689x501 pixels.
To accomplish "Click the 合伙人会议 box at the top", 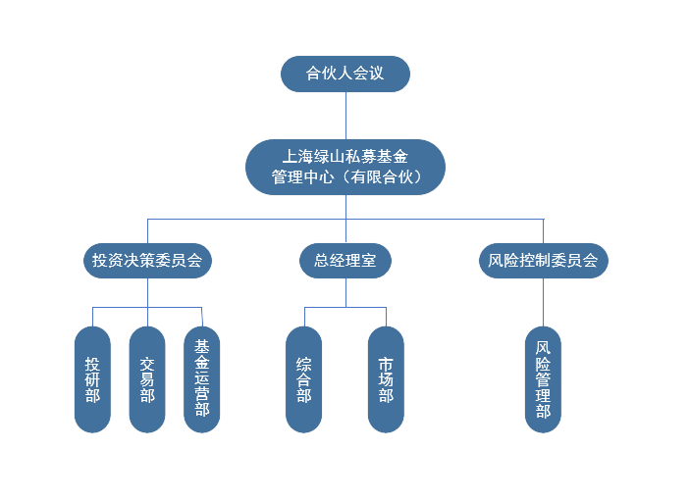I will click(344, 74).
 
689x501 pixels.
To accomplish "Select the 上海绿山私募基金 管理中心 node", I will click(344, 166).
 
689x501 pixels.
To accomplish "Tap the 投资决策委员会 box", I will click(146, 261).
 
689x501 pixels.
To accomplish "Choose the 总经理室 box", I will click(344, 261).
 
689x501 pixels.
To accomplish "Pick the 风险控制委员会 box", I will click(543, 261).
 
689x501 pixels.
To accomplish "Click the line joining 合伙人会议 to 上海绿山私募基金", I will click(345, 115).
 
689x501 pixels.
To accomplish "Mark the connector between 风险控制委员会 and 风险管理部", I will click(543, 303).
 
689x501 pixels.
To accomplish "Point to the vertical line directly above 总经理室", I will click(345, 229).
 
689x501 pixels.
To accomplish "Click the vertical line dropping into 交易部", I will click(147, 315).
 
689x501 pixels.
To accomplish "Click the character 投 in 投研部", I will click(92, 360).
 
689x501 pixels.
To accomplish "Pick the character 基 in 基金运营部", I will click(202, 346).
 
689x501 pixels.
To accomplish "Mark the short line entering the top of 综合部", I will click(304, 316).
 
